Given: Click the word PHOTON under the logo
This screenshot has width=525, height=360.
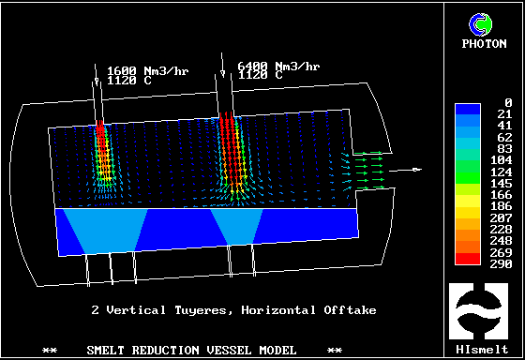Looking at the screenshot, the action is tap(484, 43).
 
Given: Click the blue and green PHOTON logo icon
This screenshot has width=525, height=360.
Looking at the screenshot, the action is tap(480, 24).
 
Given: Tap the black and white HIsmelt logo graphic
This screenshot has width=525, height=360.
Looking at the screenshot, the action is tap(479, 311).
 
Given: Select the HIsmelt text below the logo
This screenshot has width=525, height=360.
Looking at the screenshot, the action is tap(482, 350).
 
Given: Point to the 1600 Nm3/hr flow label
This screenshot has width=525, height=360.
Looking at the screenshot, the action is tap(148, 71).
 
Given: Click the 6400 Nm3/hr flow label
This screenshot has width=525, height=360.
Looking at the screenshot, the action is tap(278, 66).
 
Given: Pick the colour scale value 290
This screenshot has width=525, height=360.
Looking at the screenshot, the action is tap(502, 263).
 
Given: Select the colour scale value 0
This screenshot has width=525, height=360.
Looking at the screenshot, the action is tap(508, 102).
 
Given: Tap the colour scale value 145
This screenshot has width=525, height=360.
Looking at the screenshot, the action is tap(502, 183).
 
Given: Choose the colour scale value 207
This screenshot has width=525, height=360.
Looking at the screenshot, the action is tap(502, 218).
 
